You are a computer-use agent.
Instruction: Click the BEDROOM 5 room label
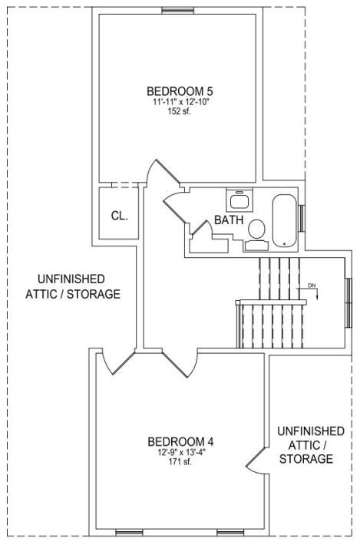point(180,91)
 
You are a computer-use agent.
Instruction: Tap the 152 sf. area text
point(180,111)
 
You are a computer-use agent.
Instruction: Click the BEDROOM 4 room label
point(180,442)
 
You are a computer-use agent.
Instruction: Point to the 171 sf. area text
point(180,462)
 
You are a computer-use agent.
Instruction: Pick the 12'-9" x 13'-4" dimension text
point(181,453)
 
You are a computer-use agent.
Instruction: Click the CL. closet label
point(120,216)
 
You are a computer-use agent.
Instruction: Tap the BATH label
point(229,220)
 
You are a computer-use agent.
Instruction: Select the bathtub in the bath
point(284,220)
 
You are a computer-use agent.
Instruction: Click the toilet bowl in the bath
point(257,229)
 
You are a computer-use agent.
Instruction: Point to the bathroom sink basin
point(239,201)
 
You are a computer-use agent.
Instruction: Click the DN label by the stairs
point(312,286)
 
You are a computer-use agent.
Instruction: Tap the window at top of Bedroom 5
point(177,11)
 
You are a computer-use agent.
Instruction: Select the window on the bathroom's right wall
point(302,218)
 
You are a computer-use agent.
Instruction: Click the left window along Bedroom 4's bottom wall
point(129,533)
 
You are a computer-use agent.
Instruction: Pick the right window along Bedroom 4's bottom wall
point(230,533)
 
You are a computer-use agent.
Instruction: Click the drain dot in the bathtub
point(285,243)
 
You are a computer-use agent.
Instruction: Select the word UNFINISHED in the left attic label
point(71,279)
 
